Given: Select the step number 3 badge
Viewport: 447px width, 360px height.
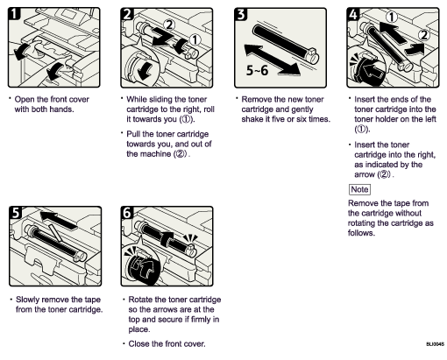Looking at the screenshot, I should [243, 16].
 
